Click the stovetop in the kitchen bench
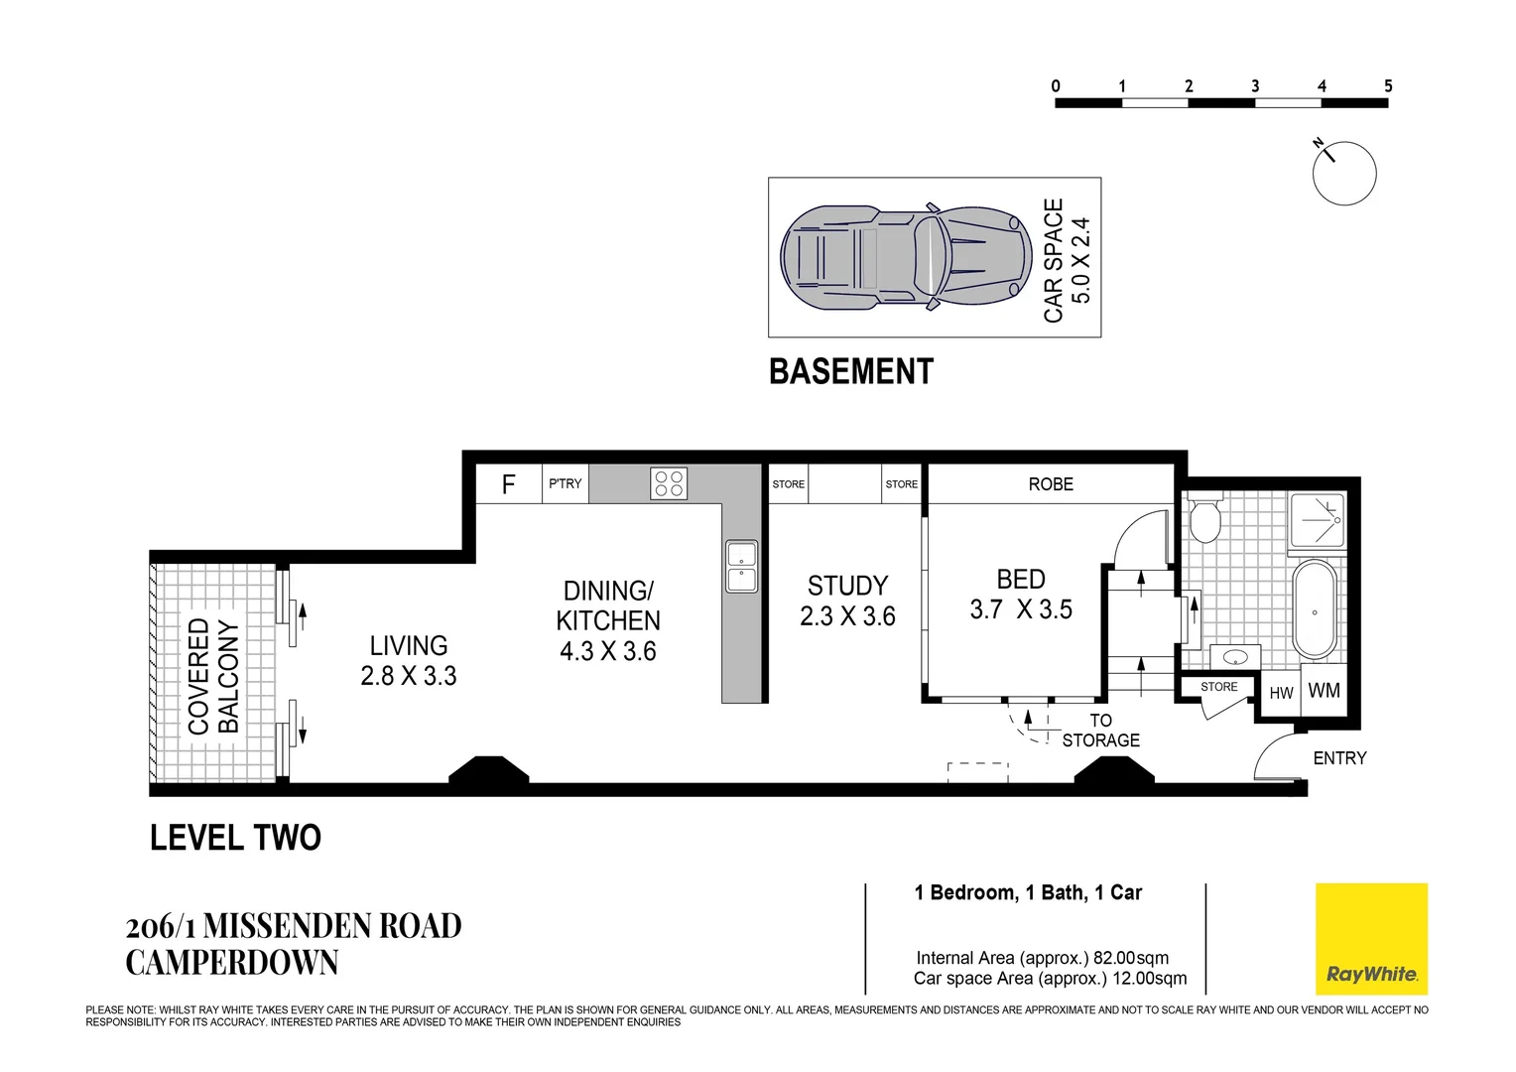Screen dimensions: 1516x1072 [x=669, y=483]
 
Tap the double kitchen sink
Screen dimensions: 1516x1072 [x=742, y=566]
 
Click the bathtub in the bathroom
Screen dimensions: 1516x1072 [x=1315, y=609]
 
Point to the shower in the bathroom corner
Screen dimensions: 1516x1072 [x=1317, y=520]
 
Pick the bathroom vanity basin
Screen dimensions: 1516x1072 [x=1236, y=656]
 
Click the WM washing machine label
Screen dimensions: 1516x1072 [x=1324, y=690]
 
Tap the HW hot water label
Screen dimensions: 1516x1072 [x=1281, y=693]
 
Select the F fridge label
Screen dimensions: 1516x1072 [x=508, y=484]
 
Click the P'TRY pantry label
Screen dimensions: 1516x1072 [x=566, y=483]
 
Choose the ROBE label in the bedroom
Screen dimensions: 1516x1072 [x=1051, y=484]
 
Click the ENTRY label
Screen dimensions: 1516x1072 [x=1339, y=757]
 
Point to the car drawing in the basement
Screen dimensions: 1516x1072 [x=906, y=257]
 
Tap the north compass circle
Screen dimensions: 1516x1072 [x=1344, y=174]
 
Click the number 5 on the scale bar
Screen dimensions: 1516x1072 [x=1388, y=86]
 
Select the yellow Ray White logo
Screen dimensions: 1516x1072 [x=1371, y=939]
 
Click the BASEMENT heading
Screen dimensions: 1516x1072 [x=850, y=372]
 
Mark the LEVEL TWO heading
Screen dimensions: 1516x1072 [x=235, y=838]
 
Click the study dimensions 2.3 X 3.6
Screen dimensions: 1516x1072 [x=847, y=616]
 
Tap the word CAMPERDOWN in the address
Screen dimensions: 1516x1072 [x=231, y=962]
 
